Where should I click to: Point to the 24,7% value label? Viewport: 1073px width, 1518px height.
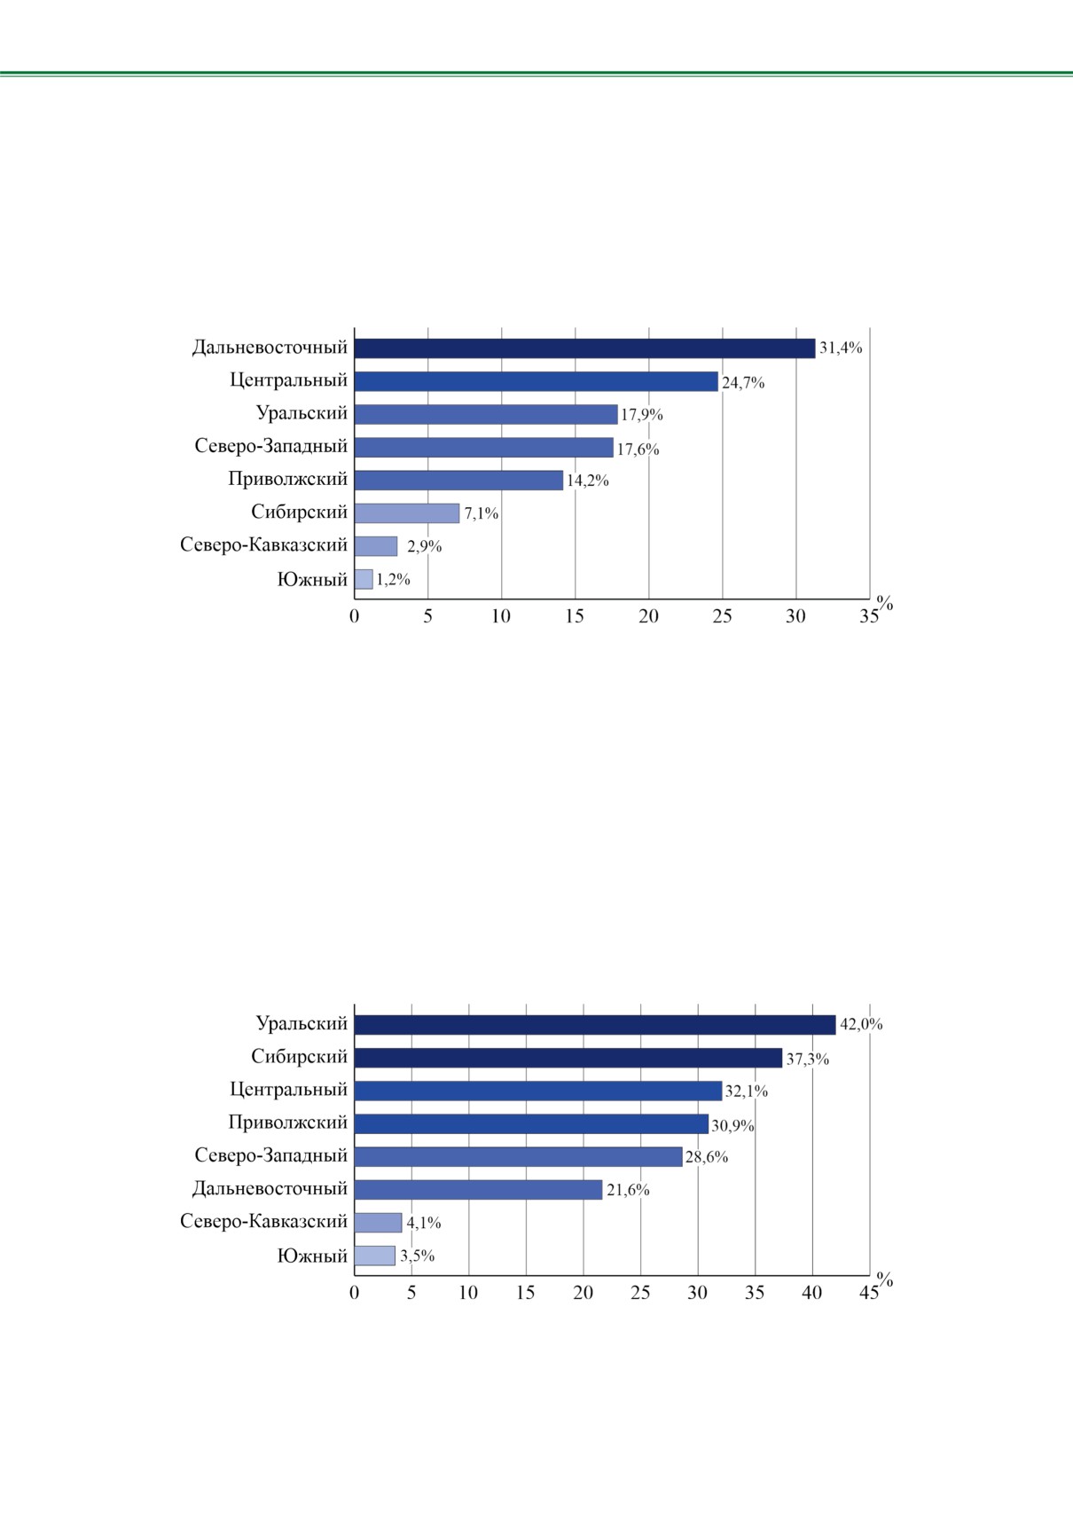pyautogui.click(x=743, y=383)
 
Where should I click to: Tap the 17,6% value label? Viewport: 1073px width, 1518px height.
pyautogui.click(x=638, y=450)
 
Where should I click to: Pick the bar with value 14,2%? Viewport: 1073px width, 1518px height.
pyautogui.click(x=458, y=480)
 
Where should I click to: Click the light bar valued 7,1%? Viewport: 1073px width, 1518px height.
pyautogui.click(x=407, y=513)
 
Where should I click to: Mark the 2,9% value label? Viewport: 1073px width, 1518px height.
pyautogui.click(x=424, y=546)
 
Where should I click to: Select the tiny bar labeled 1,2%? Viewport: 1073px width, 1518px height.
pyautogui.click(x=364, y=579)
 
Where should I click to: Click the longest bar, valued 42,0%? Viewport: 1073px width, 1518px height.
pyautogui.click(x=594, y=1025)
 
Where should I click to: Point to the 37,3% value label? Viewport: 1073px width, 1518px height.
pyautogui.click(x=807, y=1060)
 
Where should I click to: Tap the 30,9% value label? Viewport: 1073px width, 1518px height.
pyautogui.click(x=732, y=1125)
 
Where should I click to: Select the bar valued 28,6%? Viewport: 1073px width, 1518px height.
pyautogui.click(x=518, y=1156)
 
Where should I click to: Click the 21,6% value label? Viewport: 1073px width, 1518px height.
pyautogui.click(x=628, y=1190)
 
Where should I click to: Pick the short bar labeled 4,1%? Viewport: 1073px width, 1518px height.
pyautogui.click(x=378, y=1223)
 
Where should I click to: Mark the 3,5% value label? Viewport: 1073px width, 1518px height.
pyautogui.click(x=417, y=1256)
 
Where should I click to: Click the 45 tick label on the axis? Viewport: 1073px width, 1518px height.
pyautogui.click(x=868, y=1293)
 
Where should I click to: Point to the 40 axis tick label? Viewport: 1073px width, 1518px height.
pyautogui.click(x=811, y=1293)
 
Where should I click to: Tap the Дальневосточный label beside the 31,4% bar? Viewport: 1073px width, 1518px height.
pyautogui.click(x=270, y=348)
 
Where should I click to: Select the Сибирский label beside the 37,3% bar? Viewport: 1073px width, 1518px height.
pyautogui.click(x=299, y=1057)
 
